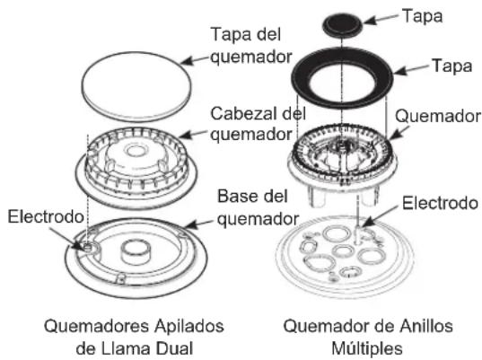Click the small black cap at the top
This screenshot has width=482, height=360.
click(343, 25)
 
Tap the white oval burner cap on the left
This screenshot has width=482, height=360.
click(136, 86)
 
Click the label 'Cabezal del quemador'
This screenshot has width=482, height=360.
click(258, 124)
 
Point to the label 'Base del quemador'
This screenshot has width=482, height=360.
click(258, 207)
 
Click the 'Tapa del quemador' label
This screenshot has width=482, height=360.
click(250, 46)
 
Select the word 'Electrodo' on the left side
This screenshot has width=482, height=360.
click(46, 216)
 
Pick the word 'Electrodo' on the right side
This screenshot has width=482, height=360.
click(440, 203)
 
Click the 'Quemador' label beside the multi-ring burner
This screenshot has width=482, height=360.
click(438, 116)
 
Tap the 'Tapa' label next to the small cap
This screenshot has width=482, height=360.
click(423, 16)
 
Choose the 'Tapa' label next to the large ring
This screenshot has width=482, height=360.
click(451, 66)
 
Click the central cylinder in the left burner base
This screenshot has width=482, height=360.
click(136, 252)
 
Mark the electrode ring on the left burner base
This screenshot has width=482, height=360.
click(88, 247)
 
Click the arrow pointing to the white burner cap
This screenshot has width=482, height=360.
click(195, 60)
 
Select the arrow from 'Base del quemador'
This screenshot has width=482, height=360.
click(199, 224)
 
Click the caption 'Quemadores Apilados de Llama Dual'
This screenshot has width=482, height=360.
click(134, 338)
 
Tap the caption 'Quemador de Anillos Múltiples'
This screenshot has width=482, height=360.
click(368, 338)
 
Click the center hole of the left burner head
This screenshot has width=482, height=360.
click(136, 151)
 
